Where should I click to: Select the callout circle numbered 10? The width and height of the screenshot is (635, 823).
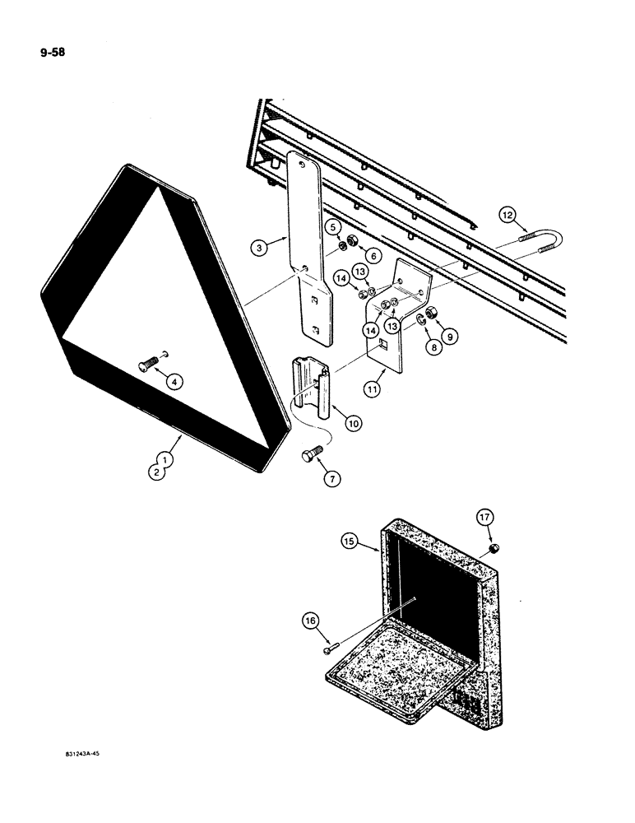tap(352, 423)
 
